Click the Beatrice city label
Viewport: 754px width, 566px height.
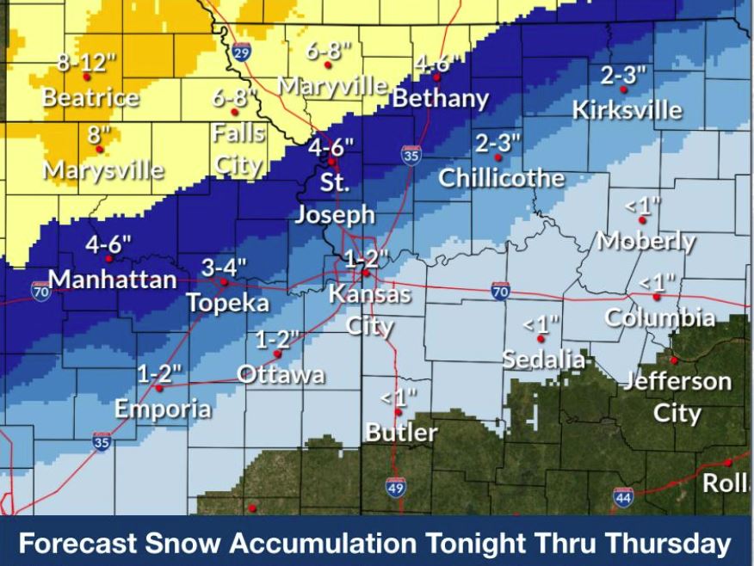(90, 97)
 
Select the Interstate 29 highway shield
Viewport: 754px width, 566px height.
(242, 53)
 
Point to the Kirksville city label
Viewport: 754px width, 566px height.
(628, 110)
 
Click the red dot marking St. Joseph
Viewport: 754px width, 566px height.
(331, 161)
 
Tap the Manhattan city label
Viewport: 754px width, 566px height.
(113, 280)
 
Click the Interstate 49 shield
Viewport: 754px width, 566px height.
(396, 487)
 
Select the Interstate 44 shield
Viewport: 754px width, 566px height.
(623, 496)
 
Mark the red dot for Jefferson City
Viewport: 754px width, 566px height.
(675, 360)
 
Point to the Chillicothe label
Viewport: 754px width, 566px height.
(502, 178)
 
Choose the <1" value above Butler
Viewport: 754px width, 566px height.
(399, 397)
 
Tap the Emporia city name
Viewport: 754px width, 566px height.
(163, 409)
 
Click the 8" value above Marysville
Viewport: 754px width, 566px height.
(99, 135)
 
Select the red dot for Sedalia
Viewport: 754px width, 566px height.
(541, 339)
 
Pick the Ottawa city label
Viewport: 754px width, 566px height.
(281, 374)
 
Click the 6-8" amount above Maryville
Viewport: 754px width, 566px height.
(328, 51)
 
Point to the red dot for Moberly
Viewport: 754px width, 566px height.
(642, 220)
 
